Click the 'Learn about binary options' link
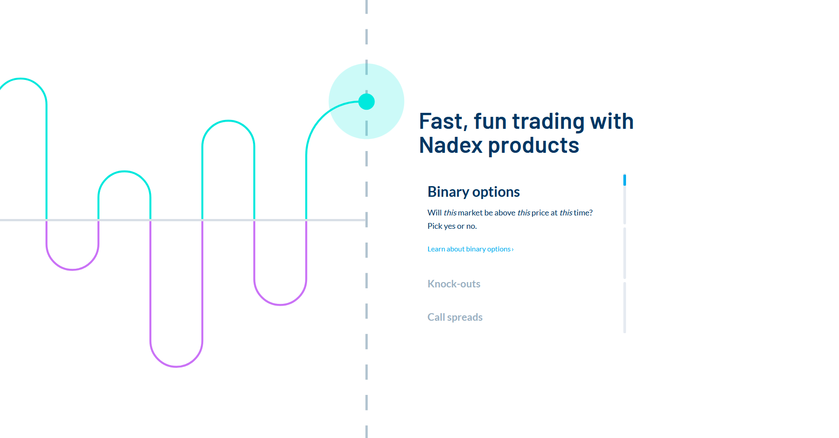click(x=470, y=249)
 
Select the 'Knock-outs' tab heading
click(x=454, y=284)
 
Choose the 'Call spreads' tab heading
click(x=455, y=317)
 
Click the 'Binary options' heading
click(x=473, y=192)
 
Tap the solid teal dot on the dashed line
click(x=366, y=102)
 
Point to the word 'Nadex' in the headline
click(x=450, y=145)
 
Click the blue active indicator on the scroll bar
click(x=625, y=180)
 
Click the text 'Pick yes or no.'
click(x=452, y=226)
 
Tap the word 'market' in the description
click(x=470, y=213)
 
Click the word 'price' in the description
click(x=540, y=213)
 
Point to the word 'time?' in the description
click(x=583, y=213)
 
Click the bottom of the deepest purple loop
click(x=177, y=366)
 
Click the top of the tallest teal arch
click(x=20, y=79)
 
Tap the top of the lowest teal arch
click(x=125, y=171)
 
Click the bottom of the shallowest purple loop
click(x=72, y=269)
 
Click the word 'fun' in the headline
click(x=490, y=121)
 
